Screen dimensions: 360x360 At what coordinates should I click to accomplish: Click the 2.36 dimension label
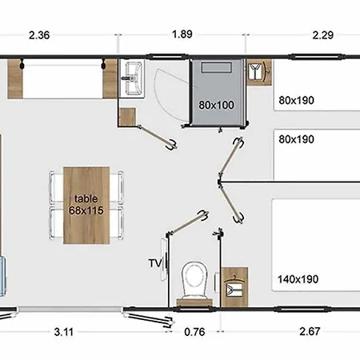(39, 35)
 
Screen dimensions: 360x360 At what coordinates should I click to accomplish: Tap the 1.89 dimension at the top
(182, 34)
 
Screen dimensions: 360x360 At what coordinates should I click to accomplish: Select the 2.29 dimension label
(323, 35)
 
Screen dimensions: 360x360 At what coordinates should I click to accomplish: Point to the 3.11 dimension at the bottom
(64, 332)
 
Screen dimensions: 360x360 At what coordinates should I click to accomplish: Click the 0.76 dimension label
(194, 332)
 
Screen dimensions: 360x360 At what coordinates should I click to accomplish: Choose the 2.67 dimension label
(310, 331)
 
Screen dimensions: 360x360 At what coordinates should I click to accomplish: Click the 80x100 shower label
(216, 105)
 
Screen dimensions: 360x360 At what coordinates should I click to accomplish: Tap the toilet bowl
(194, 279)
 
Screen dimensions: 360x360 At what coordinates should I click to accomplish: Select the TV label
(155, 263)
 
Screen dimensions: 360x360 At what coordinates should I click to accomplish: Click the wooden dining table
(86, 206)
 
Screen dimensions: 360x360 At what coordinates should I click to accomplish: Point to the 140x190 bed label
(298, 279)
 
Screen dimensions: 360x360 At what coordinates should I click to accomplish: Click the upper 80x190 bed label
(296, 100)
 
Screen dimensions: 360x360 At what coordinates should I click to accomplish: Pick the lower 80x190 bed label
(296, 139)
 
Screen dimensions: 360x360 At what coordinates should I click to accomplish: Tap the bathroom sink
(133, 78)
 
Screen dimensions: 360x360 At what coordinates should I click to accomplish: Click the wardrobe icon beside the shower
(258, 71)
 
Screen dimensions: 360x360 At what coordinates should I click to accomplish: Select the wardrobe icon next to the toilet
(234, 286)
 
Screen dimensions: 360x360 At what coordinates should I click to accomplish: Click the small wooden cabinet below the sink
(127, 117)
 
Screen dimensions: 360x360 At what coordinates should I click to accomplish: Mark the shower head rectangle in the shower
(216, 67)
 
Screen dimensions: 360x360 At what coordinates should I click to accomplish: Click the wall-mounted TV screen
(164, 259)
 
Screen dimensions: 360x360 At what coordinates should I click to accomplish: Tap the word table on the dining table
(86, 198)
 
